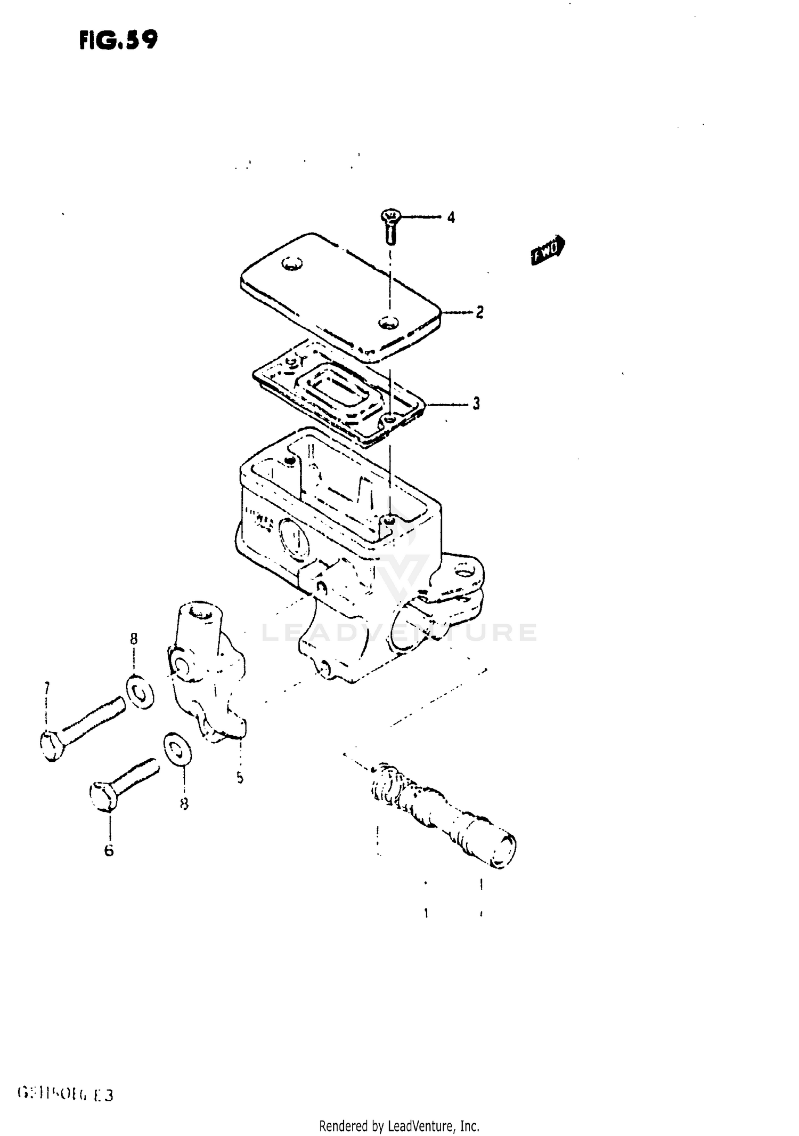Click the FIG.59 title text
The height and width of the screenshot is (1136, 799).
pos(118,39)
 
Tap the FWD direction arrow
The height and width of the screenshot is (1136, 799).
pos(548,249)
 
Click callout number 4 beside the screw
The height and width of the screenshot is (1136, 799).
pos(451,217)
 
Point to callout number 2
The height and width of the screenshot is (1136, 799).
pos(479,312)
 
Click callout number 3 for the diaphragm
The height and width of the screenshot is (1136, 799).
pos(476,404)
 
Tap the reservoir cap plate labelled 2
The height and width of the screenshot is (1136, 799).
pos(341,296)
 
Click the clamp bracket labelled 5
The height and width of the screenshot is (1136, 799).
pos(208,672)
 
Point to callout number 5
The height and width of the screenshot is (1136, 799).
pos(240,778)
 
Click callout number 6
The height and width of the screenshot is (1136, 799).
pos(109,850)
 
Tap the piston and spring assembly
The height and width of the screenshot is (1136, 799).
pos(442,813)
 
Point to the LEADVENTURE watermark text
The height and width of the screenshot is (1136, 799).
pos(399,633)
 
